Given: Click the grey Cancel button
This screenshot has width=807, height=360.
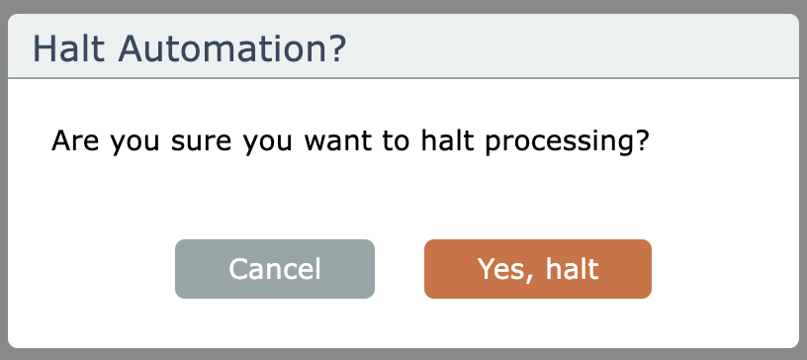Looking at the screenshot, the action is [275, 269].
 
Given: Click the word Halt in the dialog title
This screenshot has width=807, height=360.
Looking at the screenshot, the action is [69, 48].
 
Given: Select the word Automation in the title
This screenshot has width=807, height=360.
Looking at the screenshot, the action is [221, 48].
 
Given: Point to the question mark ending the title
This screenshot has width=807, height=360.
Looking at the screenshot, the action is [335, 48].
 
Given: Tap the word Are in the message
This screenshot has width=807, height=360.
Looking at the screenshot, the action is [75, 140].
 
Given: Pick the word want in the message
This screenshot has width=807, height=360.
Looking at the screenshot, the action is [337, 141].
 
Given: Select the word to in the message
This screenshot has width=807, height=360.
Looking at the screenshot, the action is [397, 141].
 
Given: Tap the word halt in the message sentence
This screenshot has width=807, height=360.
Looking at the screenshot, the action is [447, 140].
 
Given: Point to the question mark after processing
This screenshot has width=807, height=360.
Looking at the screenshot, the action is [640, 140].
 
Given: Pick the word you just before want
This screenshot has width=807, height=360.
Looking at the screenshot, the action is [269, 143].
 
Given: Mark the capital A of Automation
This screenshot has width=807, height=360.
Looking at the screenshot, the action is [131, 48].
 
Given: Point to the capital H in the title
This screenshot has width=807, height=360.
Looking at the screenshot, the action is [44, 48].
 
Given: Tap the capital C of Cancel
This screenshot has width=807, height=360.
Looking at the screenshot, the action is [238, 269].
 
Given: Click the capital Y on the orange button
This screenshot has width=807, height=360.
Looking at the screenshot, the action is [488, 268].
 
